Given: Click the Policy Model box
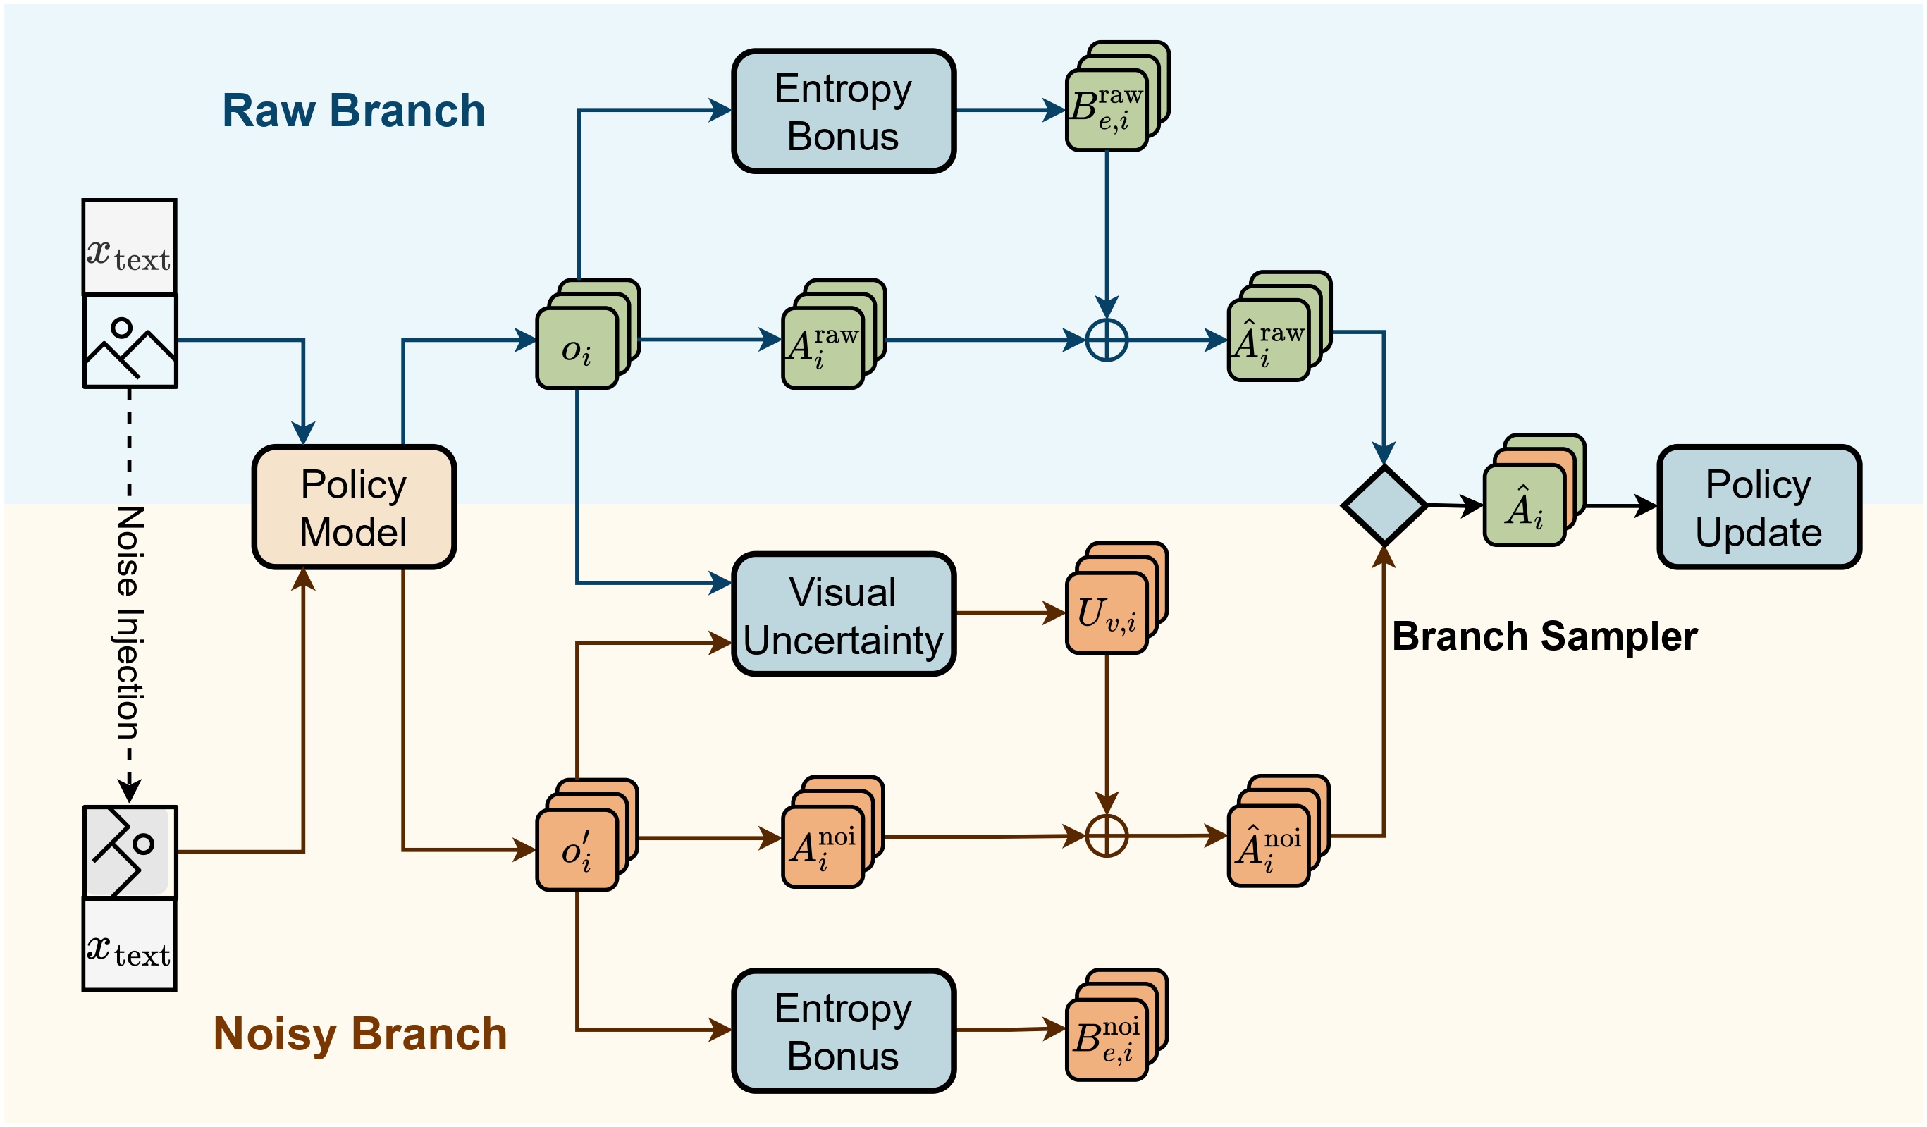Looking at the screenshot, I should pyautogui.click(x=354, y=507).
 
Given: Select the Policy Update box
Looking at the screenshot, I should pyautogui.click(x=1758, y=507).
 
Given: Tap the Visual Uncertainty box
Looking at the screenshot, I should pyautogui.click(x=844, y=615).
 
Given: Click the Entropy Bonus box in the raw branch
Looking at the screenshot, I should pyautogui.click(x=844, y=111).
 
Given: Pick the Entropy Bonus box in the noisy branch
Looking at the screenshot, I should pyautogui.click(x=844, y=1030).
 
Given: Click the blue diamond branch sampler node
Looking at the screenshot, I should pyautogui.click(x=1384, y=505).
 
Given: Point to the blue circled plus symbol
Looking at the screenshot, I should pyautogui.click(x=1106, y=340).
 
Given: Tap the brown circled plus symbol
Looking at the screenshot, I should pyautogui.click(x=1106, y=836).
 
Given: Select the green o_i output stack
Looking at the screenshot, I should pyautogui.click(x=578, y=347).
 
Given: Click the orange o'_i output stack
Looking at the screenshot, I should pyautogui.click(x=578, y=849).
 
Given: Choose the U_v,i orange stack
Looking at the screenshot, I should pyautogui.click(x=1107, y=612).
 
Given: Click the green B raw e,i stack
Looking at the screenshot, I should pyautogui.click(x=1107, y=109).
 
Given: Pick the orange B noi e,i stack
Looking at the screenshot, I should pyautogui.click(x=1107, y=1038).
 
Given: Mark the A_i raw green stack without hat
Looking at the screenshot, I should pyautogui.click(x=823, y=347).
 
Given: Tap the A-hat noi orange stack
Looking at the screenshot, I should pyautogui.click(x=1269, y=845).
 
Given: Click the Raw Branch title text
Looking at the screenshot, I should pyautogui.click(x=353, y=111).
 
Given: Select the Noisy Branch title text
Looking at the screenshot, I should pyautogui.click(x=359, y=1034).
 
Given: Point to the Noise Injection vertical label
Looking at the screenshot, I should pyautogui.click(x=129, y=623).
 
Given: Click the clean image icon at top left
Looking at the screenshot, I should pyautogui.click(x=130, y=341).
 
